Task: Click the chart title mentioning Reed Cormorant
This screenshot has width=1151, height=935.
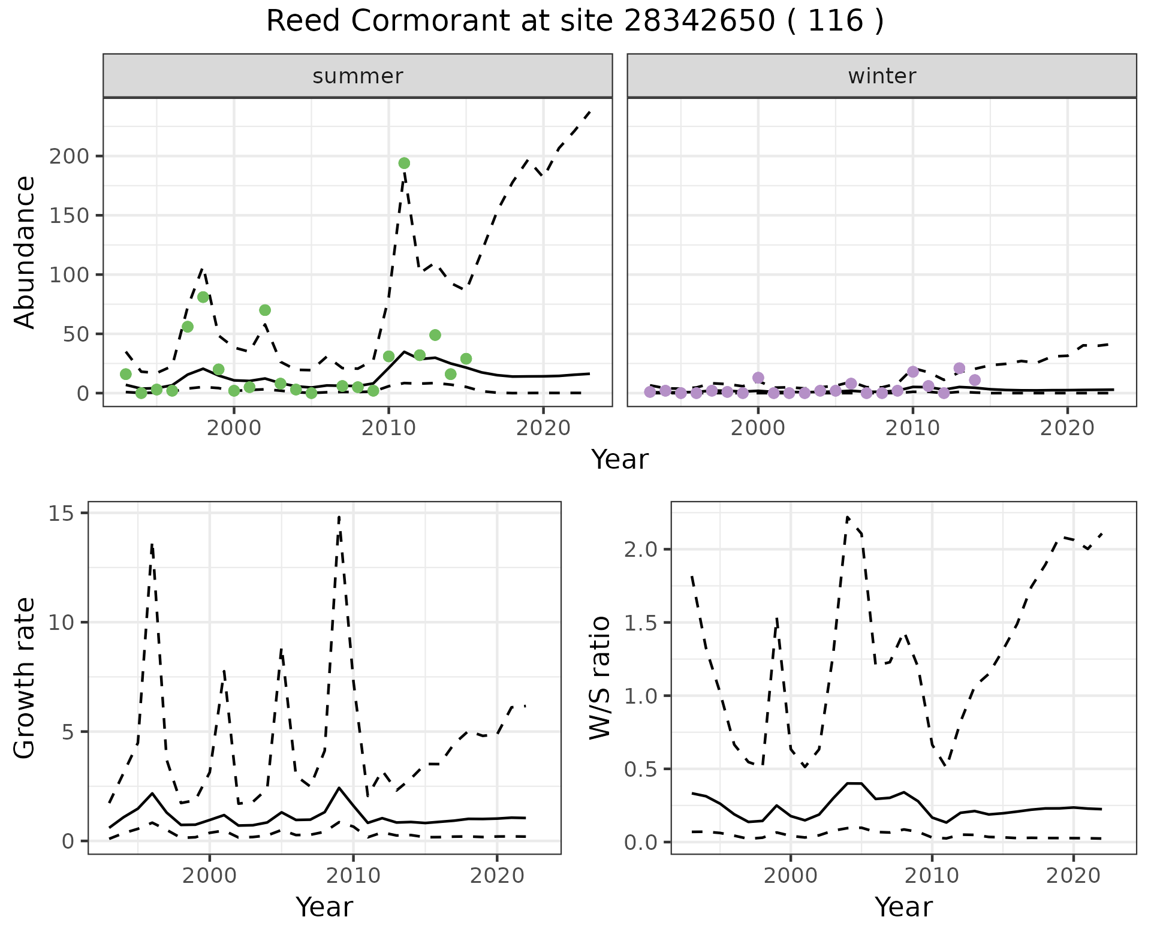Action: tap(575, 22)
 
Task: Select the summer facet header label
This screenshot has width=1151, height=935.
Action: tap(358, 76)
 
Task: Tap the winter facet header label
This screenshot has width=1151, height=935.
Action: tap(881, 76)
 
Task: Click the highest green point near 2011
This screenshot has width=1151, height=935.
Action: tap(404, 163)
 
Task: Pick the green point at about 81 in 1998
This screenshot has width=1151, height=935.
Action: tap(203, 297)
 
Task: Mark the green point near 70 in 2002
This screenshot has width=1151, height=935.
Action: tap(265, 310)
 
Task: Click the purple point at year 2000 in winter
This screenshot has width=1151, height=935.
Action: tap(758, 378)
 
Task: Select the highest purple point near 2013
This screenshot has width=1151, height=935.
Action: tap(959, 368)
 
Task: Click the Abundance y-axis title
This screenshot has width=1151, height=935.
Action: tap(25, 252)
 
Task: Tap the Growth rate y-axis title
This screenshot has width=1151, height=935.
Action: tap(25, 678)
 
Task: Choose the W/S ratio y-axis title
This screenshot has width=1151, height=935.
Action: tap(600, 678)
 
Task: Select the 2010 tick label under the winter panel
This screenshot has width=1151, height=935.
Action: tap(912, 429)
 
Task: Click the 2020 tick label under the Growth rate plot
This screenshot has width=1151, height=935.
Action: tap(497, 876)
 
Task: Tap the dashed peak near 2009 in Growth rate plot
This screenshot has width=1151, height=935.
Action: tap(339, 517)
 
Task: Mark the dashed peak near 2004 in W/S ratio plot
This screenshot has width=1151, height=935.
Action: tap(848, 517)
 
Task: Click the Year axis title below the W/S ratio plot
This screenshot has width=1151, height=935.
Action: tap(903, 907)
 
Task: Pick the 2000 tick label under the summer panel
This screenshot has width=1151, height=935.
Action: tap(234, 429)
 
